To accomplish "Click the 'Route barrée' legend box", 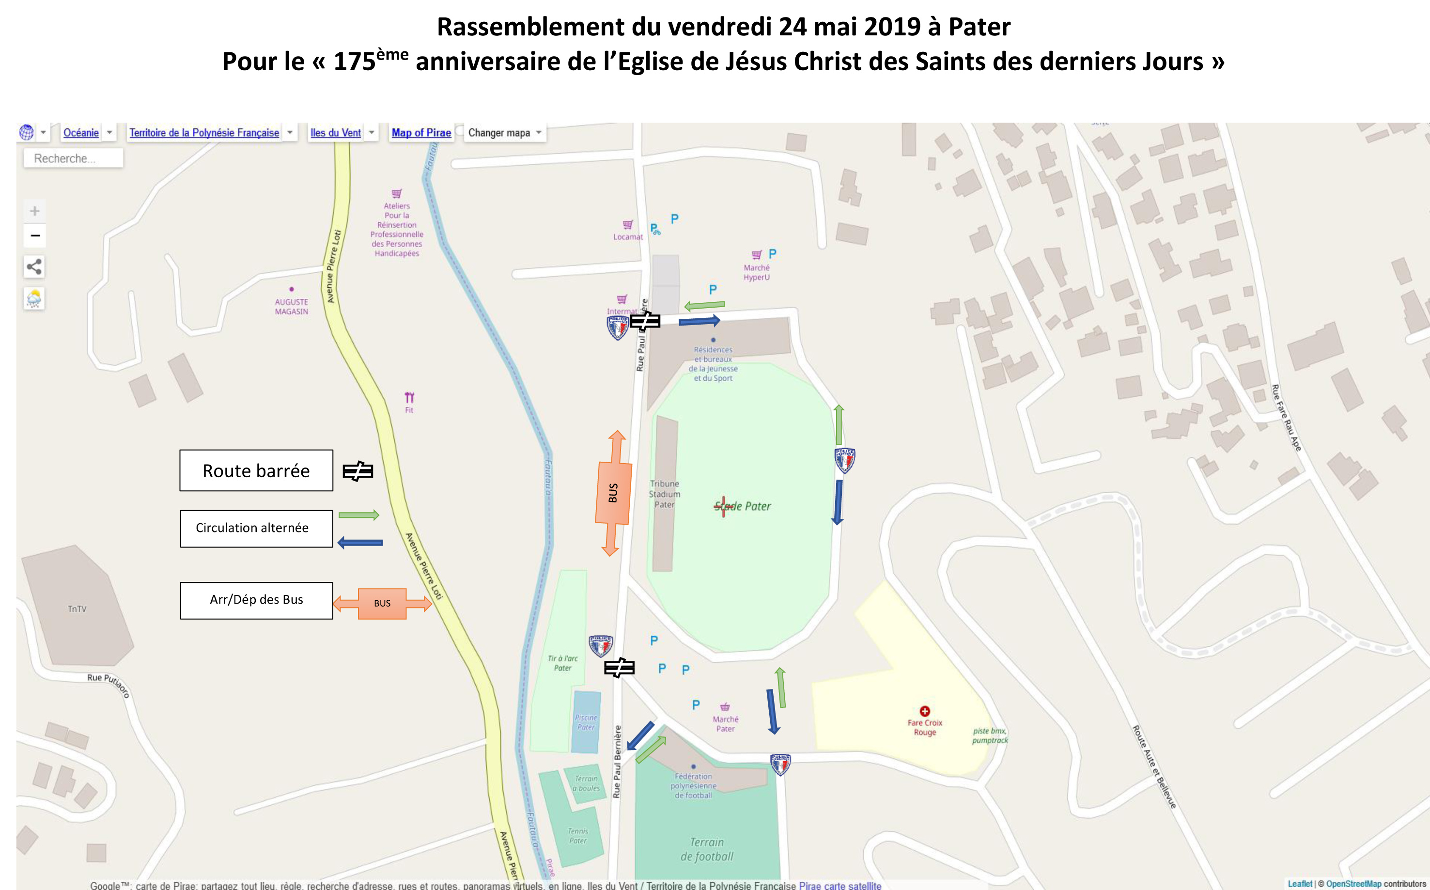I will tap(256, 470).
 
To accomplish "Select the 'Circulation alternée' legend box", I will tap(256, 528).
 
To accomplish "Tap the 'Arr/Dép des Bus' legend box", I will tap(256, 600).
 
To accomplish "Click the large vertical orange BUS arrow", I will tap(613, 493).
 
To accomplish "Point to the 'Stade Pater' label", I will tap(743, 506).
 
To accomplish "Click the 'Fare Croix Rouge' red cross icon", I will tap(924, 711).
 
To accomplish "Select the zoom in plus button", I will tap(35, 211).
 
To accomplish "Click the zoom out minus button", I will tap(35, 236).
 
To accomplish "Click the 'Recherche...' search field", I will tap(73, 158).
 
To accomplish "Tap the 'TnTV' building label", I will tap(77, 609).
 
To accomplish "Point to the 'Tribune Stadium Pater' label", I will tap(665, 494).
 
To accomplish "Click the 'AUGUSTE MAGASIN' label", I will tap(291, 306).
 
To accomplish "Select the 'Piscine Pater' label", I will tap(586, 722).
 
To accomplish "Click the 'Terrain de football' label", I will tap(707, 849).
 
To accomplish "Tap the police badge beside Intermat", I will tap(617, 328).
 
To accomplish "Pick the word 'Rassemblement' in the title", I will tap(531, 27).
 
